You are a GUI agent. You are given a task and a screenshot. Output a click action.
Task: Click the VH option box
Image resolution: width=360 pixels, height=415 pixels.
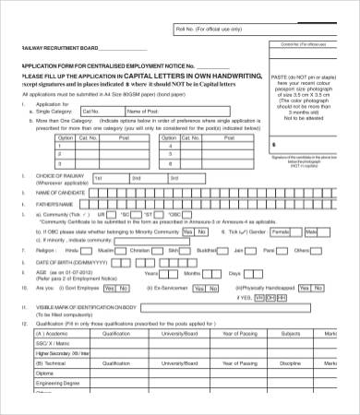click(x=259, y=298)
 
